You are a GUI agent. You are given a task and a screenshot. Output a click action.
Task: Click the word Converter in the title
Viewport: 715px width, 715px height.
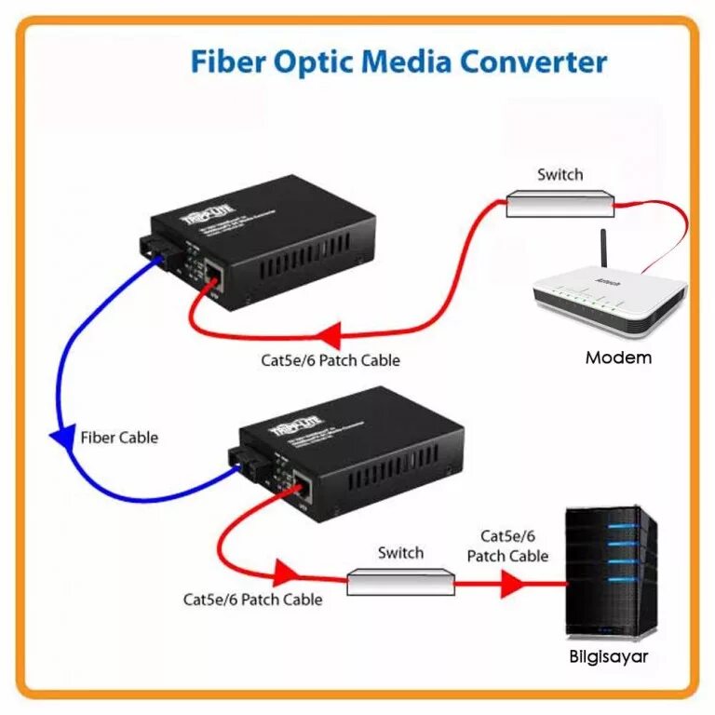(531, 62)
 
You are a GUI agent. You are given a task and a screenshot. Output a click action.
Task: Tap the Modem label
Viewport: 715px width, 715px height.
(618, 357)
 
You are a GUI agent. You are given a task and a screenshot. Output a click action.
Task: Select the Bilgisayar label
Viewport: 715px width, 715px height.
(608, 657)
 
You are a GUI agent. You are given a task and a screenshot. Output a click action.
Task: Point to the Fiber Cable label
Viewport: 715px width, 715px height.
(119, 438)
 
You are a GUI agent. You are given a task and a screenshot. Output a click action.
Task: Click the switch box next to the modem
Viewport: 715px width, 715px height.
(560, 203)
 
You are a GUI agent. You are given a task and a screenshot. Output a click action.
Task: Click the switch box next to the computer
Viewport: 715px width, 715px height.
(401, 583)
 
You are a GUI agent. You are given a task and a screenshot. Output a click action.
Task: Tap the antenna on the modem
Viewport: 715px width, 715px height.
(603, 251)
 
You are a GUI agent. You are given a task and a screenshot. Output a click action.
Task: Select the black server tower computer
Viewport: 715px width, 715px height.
(611, 572)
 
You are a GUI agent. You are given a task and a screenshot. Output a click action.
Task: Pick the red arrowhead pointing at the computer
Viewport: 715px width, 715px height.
(510, 584)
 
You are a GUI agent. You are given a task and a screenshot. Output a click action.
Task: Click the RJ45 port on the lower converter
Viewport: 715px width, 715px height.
(303, 483)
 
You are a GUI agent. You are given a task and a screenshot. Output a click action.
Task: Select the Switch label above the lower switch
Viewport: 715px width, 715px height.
(401, 553)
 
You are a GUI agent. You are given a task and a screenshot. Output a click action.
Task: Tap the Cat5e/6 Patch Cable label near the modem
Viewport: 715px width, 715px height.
(331, 359)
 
